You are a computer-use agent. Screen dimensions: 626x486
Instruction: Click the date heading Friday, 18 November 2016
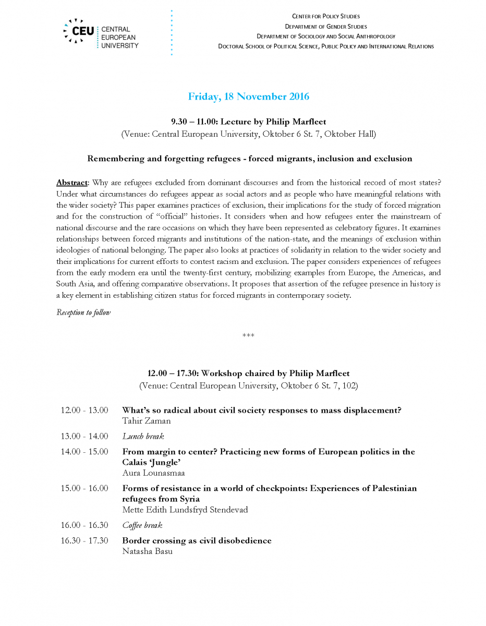pos(248,97)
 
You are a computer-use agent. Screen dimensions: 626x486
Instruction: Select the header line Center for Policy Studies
pos(325,17)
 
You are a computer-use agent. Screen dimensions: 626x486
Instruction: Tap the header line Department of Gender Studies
pos(325,27)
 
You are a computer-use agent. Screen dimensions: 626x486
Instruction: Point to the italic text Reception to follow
pos(83,312)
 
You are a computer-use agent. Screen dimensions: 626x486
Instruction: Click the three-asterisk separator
pos(248,335)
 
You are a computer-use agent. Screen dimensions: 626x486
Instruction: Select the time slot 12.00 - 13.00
pos(84,411)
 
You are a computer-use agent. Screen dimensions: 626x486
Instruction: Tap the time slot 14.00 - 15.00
pos(84,452)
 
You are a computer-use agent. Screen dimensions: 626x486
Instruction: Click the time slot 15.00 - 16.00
pos(84,489)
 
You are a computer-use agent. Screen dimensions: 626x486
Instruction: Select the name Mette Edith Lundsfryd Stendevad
pos(185,510)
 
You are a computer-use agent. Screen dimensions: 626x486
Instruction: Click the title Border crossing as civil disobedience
pos(197,541)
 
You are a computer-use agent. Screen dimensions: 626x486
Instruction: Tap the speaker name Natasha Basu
pos(147,551)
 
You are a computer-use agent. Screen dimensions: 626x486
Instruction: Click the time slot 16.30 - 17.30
pos(84,541)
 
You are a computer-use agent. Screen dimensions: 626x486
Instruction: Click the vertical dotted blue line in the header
pos(171,32)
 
